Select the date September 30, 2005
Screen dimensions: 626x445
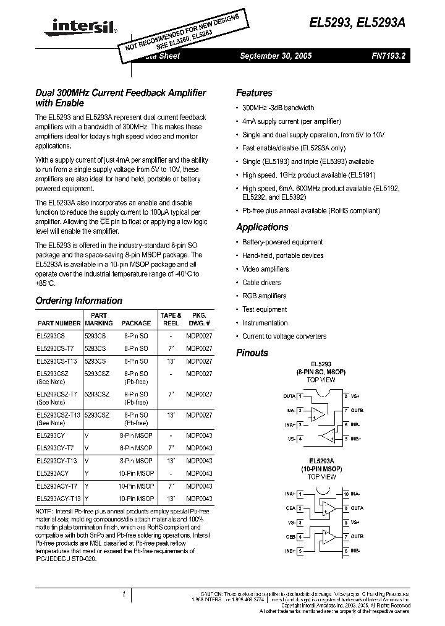click(x=276, y=56)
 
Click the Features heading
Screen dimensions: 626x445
click(x=254, y=93)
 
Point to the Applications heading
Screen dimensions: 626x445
click(x=262, y=227)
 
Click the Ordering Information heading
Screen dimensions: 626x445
click(x=78, y=301)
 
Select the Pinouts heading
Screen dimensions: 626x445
click(x=252, y=353)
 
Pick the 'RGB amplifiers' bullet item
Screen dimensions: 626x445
click(x=264, y=296)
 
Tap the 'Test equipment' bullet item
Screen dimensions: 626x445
click(x=265, y=309)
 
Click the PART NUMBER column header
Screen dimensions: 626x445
click(x=59, y=323)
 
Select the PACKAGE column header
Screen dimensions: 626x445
click(x=136, y=323)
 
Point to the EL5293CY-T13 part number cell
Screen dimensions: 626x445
click(x=56, y=461)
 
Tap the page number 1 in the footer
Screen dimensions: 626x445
click(x=124, y=594)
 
